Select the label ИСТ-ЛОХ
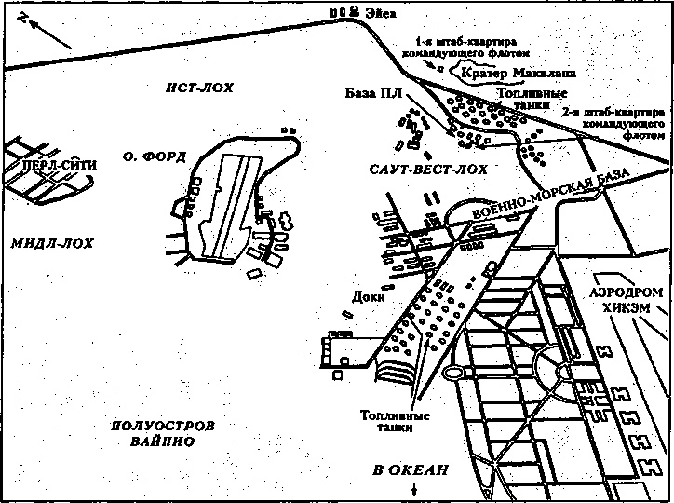200,88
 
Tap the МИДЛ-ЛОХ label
52,243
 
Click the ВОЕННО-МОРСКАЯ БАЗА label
539,196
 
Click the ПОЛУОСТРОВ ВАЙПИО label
162,432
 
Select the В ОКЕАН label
410,470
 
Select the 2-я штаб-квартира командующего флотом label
614,122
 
